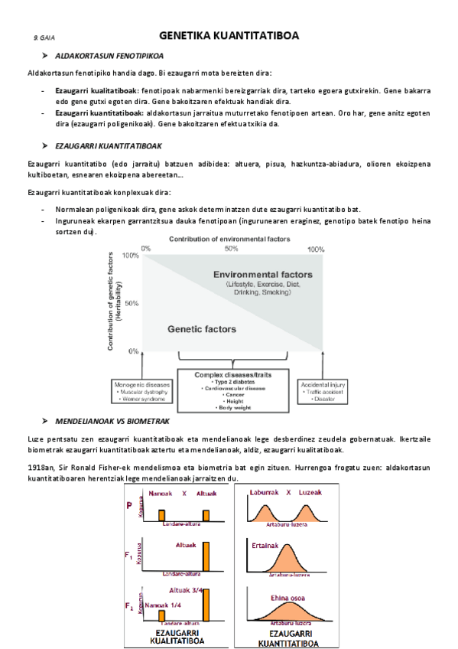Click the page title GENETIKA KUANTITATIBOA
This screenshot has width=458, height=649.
(x=229, y=36)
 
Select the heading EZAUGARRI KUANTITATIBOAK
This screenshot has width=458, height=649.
(x=108, y=145)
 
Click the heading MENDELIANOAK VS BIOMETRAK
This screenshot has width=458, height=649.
(x=112, y=422)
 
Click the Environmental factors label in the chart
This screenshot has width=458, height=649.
(x=262, y=274)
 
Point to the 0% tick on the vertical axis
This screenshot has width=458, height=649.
(x=134, y=351)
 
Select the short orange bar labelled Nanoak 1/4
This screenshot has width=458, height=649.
(x=161, y=615)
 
